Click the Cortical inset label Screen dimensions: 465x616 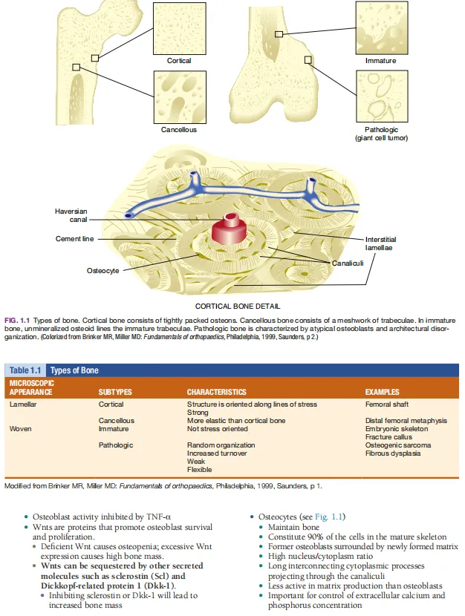point(179,61)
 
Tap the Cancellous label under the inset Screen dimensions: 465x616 point(179,130)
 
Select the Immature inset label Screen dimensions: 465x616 point(380,61)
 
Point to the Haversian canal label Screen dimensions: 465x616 point(71,215)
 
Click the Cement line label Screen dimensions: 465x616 point(75,239)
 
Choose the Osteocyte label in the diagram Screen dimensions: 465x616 point(103,271)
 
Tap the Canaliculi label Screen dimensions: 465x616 point(348,263)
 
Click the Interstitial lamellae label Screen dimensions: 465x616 point(380,243)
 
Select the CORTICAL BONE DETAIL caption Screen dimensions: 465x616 point(238,306)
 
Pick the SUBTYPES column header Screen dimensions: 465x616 point(115,392)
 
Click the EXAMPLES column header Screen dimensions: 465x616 point(382,392)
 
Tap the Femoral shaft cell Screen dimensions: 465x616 point(387,404)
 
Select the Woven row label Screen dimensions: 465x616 point(21,429)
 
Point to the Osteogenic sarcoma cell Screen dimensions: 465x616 point(398,445)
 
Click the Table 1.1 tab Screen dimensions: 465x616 point(25,370)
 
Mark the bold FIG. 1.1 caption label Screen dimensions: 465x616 point(17,321)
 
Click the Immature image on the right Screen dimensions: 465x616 point(382,28)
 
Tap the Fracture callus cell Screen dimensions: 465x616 point(388,437)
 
